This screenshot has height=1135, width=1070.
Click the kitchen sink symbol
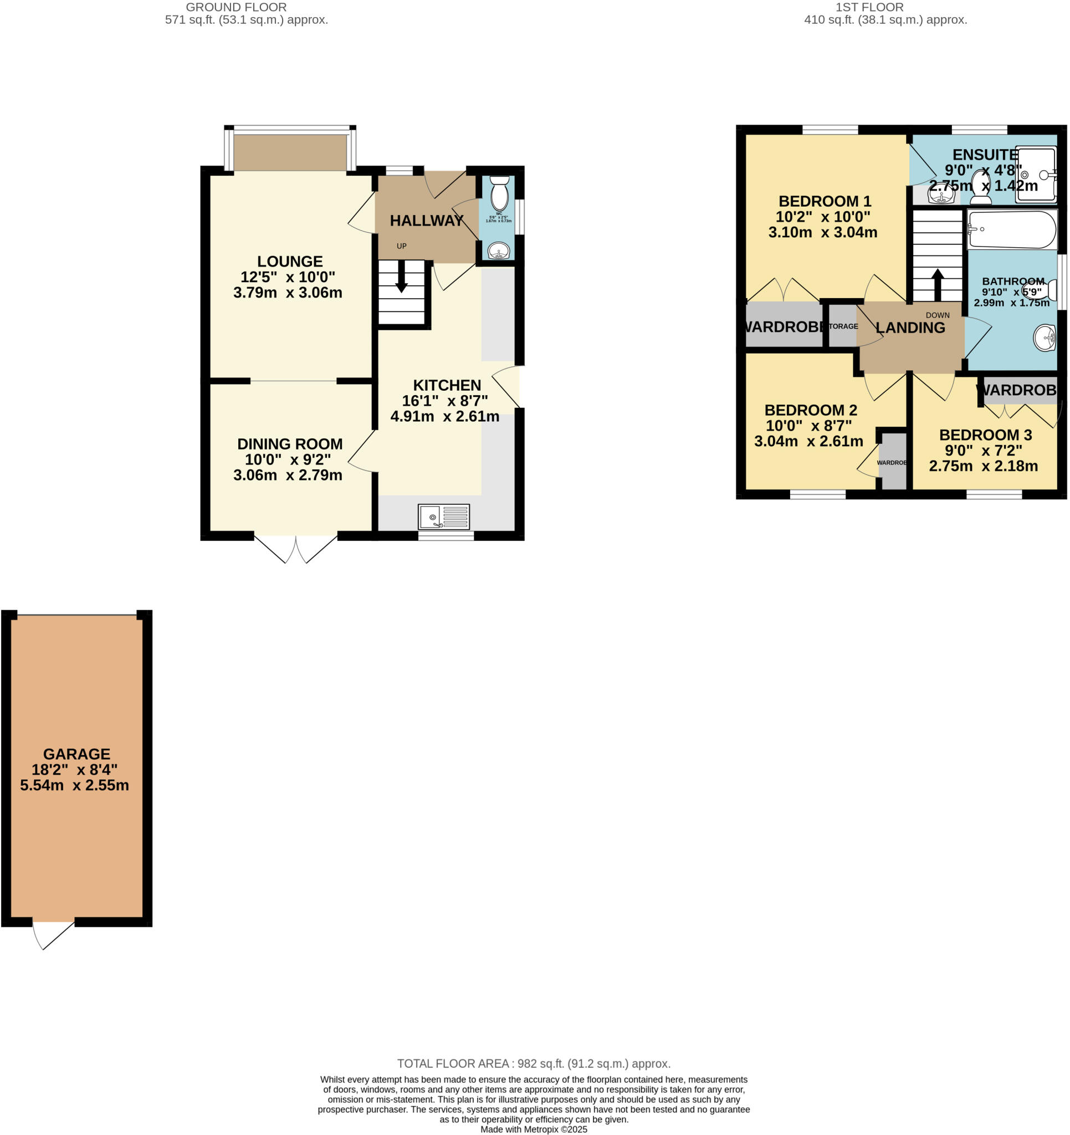coord(444,517)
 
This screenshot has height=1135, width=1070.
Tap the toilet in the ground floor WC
coord(499,193)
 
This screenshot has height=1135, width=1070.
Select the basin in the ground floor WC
coord(499,250)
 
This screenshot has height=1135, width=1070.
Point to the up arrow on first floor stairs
coord(938,284)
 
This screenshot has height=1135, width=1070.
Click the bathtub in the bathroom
coord(1011,229)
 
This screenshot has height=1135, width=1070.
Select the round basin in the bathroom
coord(1045,338)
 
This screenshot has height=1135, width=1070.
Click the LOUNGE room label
coord(289,262)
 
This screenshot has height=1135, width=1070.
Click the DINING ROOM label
coord(289,443)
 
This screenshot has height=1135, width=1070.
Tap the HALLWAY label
coord(427,221)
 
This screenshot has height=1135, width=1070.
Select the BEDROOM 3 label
coord(985,435)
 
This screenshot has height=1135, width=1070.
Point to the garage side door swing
coord(52,934)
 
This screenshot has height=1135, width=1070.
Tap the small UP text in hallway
coord(401,246)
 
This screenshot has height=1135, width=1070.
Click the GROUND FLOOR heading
coord(236,7)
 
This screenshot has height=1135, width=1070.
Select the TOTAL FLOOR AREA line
coord(533,1064)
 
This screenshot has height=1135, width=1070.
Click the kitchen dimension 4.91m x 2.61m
coord(445,417)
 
